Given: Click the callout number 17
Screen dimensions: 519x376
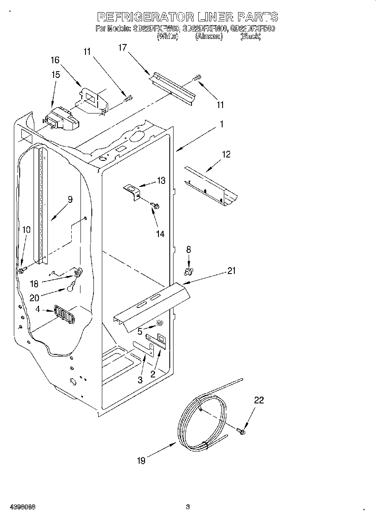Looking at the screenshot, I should point(122,47).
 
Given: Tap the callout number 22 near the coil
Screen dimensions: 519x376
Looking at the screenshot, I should point(259,400).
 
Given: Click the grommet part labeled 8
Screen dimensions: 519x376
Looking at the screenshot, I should point(188,272).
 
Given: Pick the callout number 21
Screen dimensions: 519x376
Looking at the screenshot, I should point(231,271).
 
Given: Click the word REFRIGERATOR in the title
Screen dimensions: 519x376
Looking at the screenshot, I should point(145,17).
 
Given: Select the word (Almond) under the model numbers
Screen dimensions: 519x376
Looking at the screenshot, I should point(208,37).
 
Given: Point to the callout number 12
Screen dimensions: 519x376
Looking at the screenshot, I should point(226,155).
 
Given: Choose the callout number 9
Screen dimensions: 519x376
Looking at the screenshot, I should point(70,200).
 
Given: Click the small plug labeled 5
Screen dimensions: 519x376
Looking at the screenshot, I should point(159,322).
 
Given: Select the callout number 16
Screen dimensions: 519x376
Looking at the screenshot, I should point(55,60).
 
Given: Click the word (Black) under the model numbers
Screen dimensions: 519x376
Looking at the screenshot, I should point(250,37).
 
